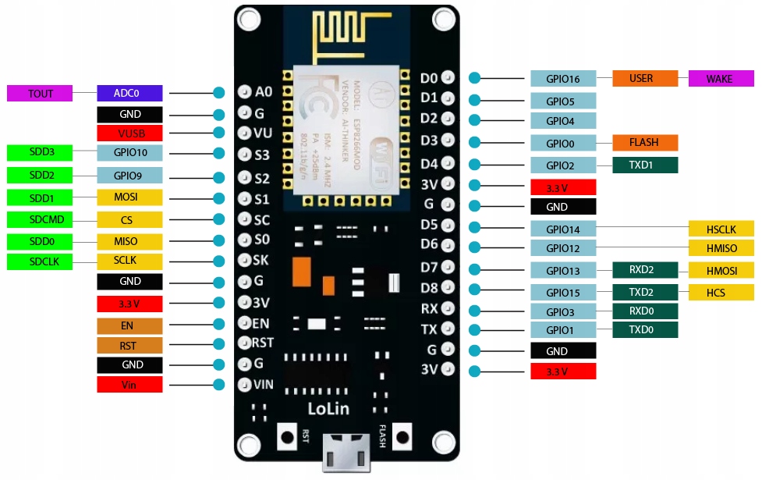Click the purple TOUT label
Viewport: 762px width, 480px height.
tap(40, 94)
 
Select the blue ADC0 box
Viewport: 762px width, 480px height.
tap(129, 94)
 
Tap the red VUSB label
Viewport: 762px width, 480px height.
tap(129, 133)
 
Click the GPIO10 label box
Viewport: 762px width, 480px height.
tap(129, 153)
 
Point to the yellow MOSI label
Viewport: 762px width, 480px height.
tap(129, 197)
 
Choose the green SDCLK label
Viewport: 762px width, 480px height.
tap(40, 261)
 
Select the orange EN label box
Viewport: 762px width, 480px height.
tap(129, 325)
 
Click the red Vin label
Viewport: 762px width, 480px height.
tap(129, 385)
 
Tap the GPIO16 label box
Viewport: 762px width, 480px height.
tap(563, 79)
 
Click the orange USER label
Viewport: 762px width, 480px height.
tap(644, 79)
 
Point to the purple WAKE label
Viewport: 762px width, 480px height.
tap(721, 79)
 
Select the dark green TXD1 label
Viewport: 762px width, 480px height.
tap(644, 165)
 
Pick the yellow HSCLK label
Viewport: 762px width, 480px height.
tap(721, 229)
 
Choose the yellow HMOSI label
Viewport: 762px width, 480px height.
tap(721, 270)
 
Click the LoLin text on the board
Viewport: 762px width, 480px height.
tap(328, 408)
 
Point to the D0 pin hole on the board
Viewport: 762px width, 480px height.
tap(448, 78)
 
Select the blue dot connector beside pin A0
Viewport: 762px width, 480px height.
tap(219, 93)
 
